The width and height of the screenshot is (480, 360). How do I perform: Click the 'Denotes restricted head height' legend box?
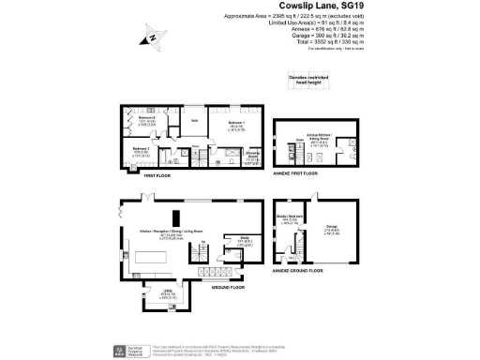(306, 82)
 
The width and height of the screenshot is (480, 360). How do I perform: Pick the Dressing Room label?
(253, 158)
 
